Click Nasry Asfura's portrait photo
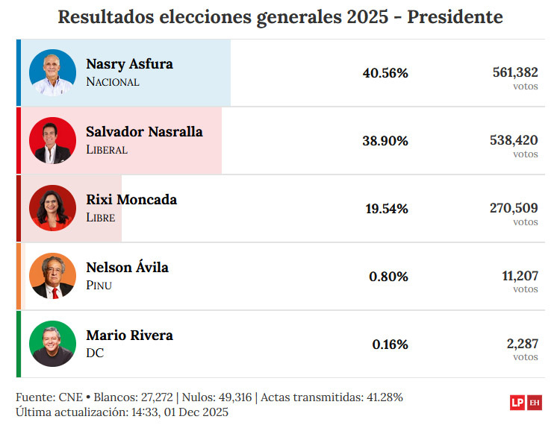pos(52,72)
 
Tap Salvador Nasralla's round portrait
pos(52,140)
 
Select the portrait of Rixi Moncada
pos(52,208)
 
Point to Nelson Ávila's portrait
pos(52,276)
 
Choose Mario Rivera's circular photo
pos(52,344)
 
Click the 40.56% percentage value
pos(385,73)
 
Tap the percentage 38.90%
pos(385,141)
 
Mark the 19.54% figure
pos(387,209)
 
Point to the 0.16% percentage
pos(390,344)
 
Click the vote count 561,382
pos(515,72)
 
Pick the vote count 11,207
pos(520,275)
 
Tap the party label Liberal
pos(107,150)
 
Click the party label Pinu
pos(99,286)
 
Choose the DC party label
pos(95,353)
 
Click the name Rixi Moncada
pos(131,199)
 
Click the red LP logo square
pos(517,403)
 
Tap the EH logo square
pos(535,403)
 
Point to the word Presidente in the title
pos(455,17)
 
